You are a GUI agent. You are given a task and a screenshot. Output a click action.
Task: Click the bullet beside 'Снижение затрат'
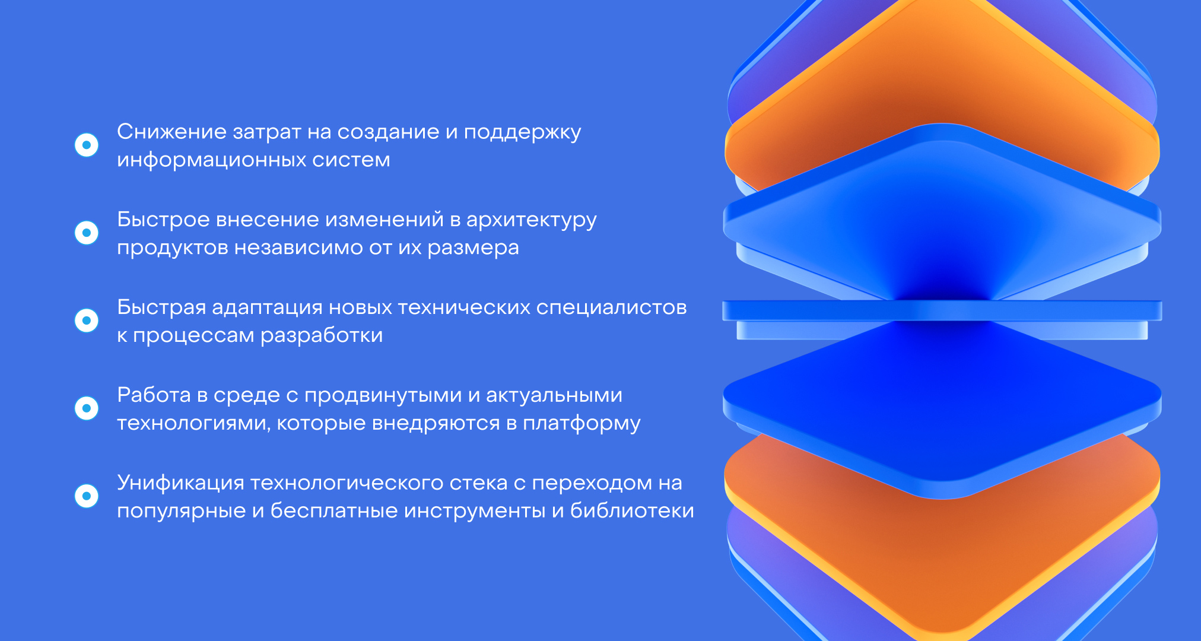87,145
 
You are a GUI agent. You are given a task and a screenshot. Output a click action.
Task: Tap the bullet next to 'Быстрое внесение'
87,233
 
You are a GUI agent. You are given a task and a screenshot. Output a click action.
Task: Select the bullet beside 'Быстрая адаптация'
87,320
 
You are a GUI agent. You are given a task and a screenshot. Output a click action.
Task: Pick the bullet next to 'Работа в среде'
87,408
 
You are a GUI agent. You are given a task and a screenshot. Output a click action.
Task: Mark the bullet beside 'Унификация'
87,496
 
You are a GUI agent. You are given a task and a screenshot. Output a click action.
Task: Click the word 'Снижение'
171,131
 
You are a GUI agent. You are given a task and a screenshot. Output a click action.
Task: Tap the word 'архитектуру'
531,220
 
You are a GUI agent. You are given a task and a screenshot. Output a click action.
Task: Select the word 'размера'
473,248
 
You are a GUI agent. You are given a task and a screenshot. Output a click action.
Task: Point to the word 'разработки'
321,336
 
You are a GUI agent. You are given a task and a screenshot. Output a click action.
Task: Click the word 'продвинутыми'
383,396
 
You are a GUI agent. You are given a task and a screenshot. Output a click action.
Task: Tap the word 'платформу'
582,424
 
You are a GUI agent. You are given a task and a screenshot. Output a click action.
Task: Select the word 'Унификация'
180,483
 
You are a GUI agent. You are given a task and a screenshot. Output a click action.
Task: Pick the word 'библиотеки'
632,510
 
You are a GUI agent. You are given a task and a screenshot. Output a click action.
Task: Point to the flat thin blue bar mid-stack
942,310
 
